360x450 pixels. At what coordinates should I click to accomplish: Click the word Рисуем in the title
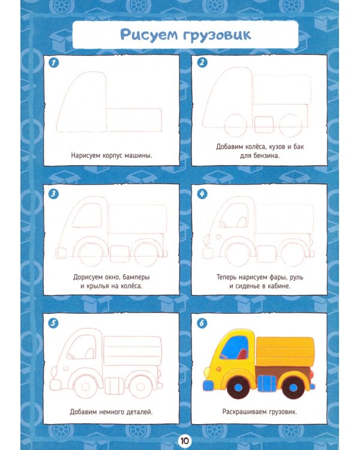(x=149, y=35)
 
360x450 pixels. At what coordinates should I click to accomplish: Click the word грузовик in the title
(x=217, y=36)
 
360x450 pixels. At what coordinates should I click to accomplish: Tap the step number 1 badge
(x=53, y=63)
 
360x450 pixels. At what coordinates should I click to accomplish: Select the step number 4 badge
(x=202, y=194)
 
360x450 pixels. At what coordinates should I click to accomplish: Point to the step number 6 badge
(x=202, y=323)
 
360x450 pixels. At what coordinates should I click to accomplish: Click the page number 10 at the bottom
(x=184, y=440)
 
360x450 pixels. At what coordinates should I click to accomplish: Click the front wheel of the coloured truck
(x=238, y=388)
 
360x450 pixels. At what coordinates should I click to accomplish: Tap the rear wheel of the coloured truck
(x=293, y=388)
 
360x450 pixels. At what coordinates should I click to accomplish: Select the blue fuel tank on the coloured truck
(x=266, y=384)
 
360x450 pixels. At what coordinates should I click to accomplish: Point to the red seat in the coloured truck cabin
(x=242, y=354)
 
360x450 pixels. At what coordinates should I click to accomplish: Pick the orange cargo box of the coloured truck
(x=286, y=352)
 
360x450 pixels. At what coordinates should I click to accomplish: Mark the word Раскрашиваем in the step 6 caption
(x=245, y=412)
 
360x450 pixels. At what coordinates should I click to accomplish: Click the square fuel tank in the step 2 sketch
(x=264, y=124)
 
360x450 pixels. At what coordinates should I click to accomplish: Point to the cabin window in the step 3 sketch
(x=87, y=215)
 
